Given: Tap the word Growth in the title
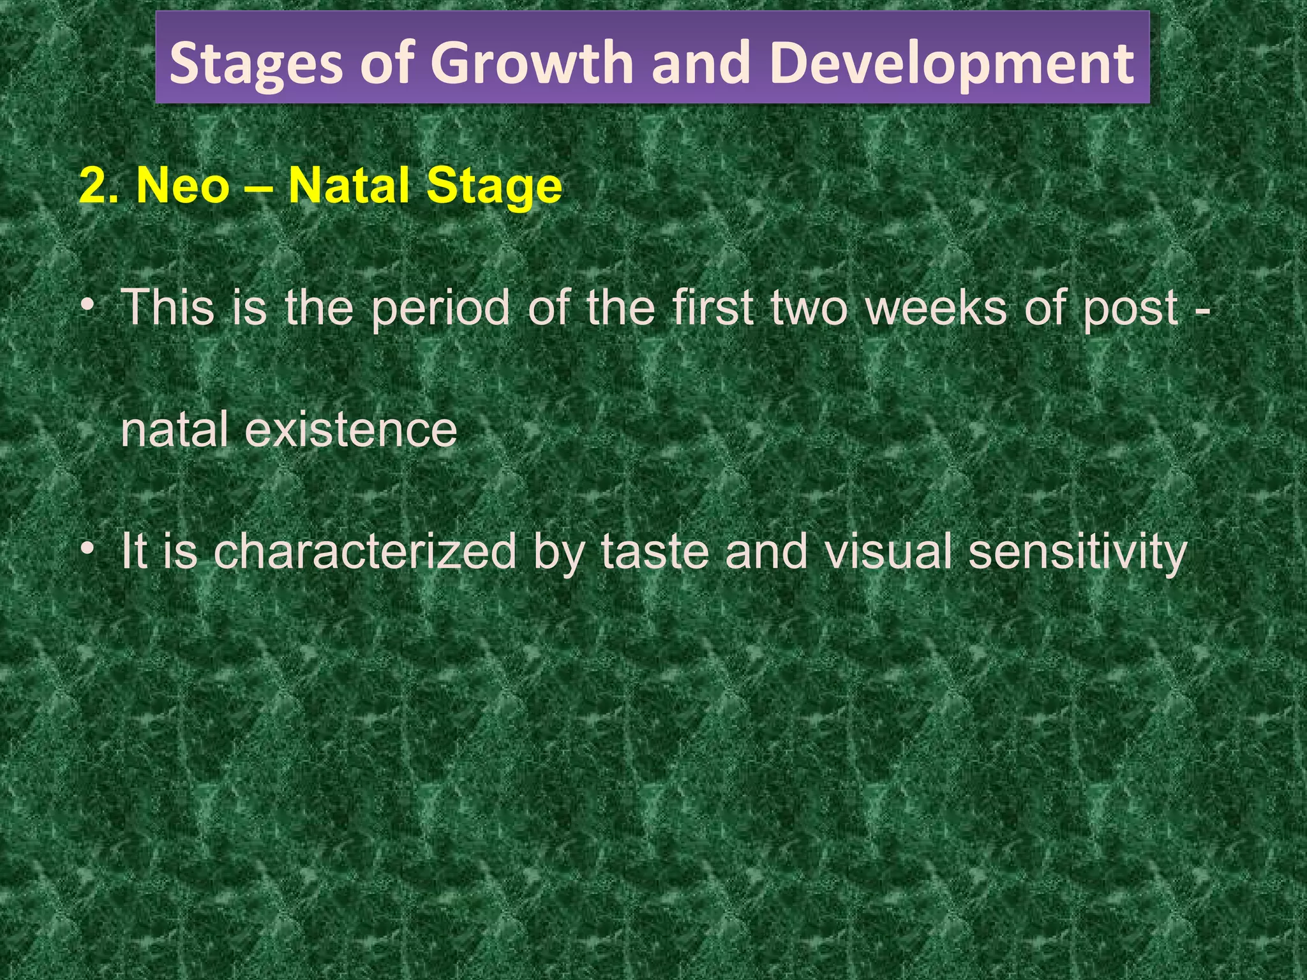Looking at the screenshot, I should tap(532, 63).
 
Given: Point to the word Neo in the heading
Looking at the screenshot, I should tap(183, 186).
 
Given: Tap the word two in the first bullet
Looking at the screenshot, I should tap(810, 308).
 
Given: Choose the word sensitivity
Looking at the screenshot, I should tap(1078, 553).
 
